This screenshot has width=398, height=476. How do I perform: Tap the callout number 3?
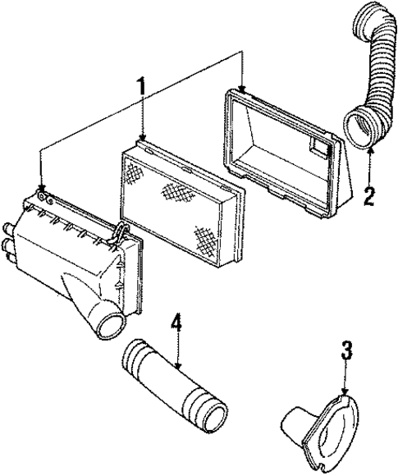[346, 352]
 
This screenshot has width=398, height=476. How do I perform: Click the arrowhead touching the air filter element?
[143, 139]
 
